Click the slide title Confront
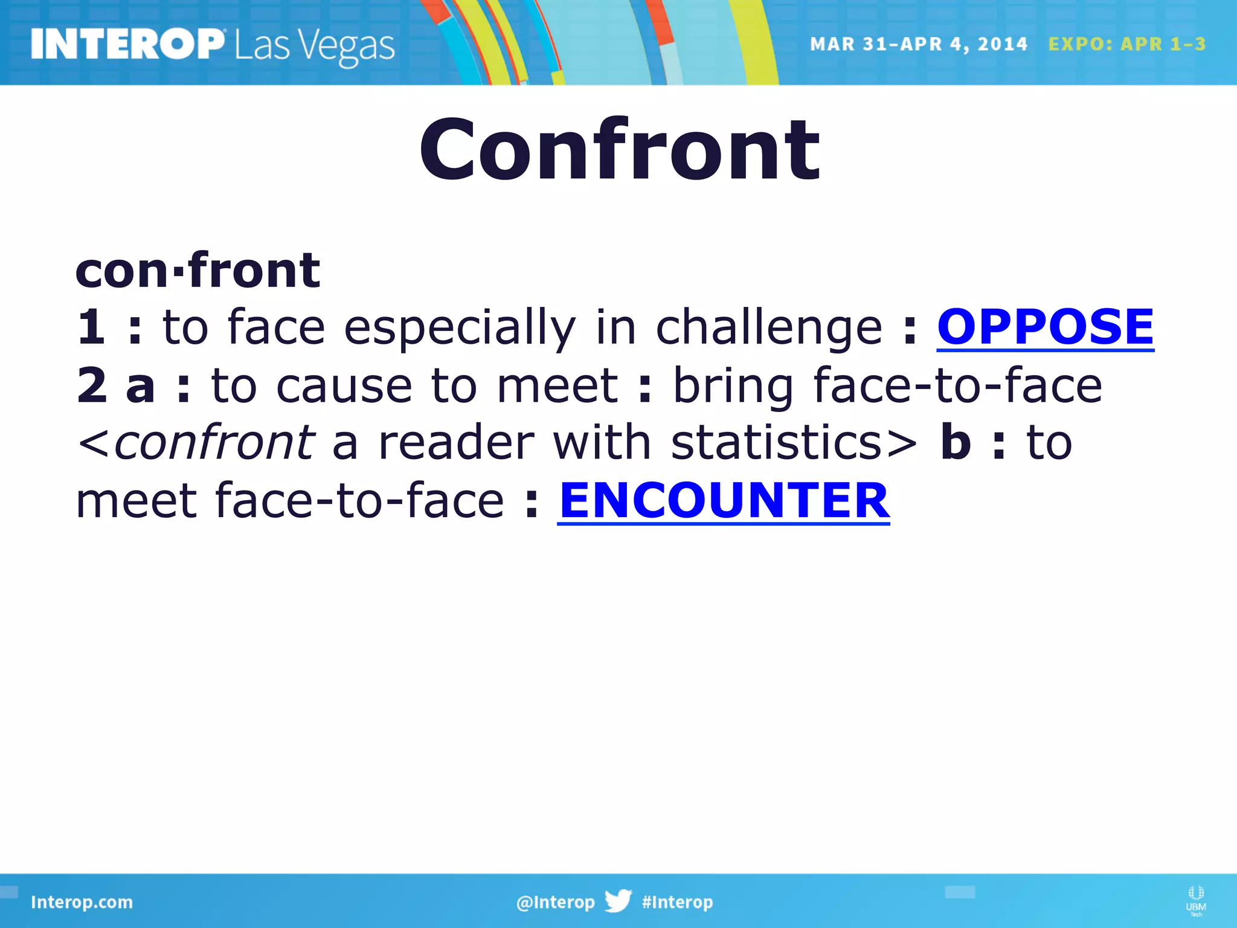tap(619, 150)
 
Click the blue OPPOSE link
tap(1045, 327)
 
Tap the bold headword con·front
tap(198, 270)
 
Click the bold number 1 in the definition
tap(91, 327)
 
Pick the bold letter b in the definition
tap(956, 442)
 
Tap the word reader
tap(456, 442)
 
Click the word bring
tap(733, 386)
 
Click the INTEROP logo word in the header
tap(127, 45)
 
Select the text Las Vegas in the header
tap(315, 47)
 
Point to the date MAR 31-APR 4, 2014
tap(918, 44)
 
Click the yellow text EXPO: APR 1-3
tap(1126, 44)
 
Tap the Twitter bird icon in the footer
tap(618, 901)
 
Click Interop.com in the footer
tap(82, 902)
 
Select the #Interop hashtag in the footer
tap(677, 902)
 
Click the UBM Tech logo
tap(1195, 900)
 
